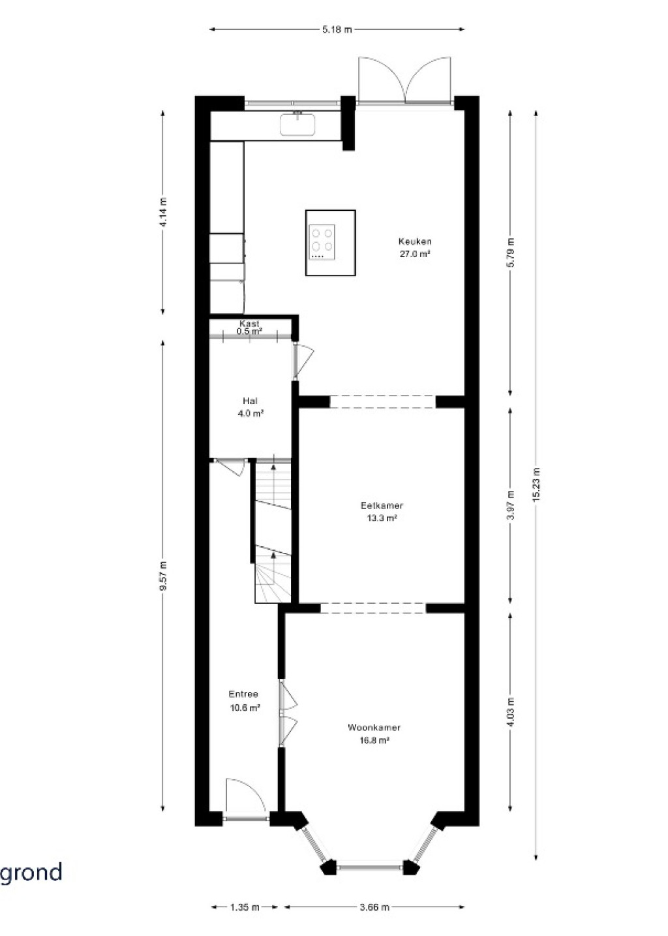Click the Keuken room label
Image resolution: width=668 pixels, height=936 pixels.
pos(415,241)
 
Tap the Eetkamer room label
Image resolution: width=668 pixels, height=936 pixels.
pos(382,506)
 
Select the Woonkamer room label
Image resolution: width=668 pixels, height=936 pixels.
pos(374,728)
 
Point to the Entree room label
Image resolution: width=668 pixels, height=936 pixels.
pos(243,694)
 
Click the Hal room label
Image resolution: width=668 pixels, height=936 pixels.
pos(250,401)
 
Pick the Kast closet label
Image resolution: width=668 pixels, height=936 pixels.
pos(249,323)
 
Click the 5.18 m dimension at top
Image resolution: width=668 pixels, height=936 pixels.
pos(337,29)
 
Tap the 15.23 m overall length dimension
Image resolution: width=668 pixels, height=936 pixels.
pos(536,484)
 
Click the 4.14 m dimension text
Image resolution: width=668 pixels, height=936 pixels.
pos(163,212)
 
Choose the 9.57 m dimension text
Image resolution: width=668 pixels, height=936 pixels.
pos(163,576)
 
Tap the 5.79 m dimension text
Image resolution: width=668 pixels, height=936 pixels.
pos(511,253)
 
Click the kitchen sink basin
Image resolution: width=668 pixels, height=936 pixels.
pos(297,125)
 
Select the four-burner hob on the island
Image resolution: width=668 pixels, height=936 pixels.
pos(322,242)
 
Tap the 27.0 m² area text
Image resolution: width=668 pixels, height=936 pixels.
pos(415,254)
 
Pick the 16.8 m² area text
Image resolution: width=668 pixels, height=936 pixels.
pos(374,740)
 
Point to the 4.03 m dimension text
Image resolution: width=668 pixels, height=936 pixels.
pos(511,712)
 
